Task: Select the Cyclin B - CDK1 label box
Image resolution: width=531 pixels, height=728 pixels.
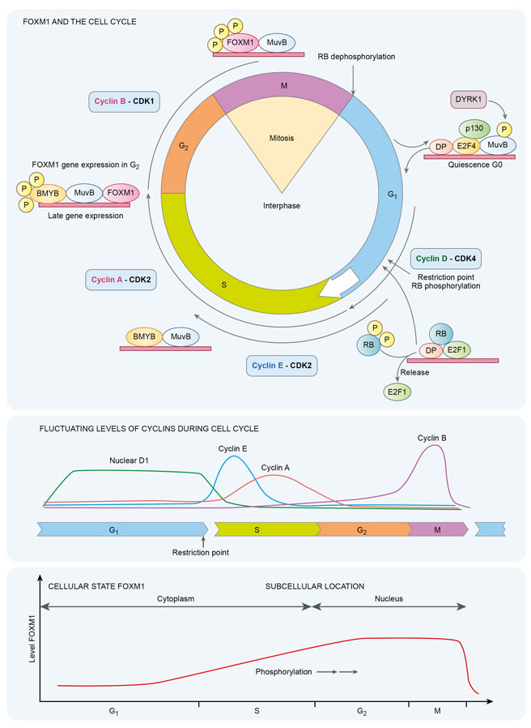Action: [x=125, y=103]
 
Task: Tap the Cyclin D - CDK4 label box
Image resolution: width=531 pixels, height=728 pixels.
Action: [x=446, y=259]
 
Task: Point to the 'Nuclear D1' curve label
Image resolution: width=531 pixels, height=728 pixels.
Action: [x=133, y=461]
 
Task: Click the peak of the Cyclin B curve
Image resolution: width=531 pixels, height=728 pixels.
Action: [x=437, y=447]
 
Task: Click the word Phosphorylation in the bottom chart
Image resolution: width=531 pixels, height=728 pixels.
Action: [x=282, y=671]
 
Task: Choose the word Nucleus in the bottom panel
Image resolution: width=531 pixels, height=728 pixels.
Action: [x=389, y=598]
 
